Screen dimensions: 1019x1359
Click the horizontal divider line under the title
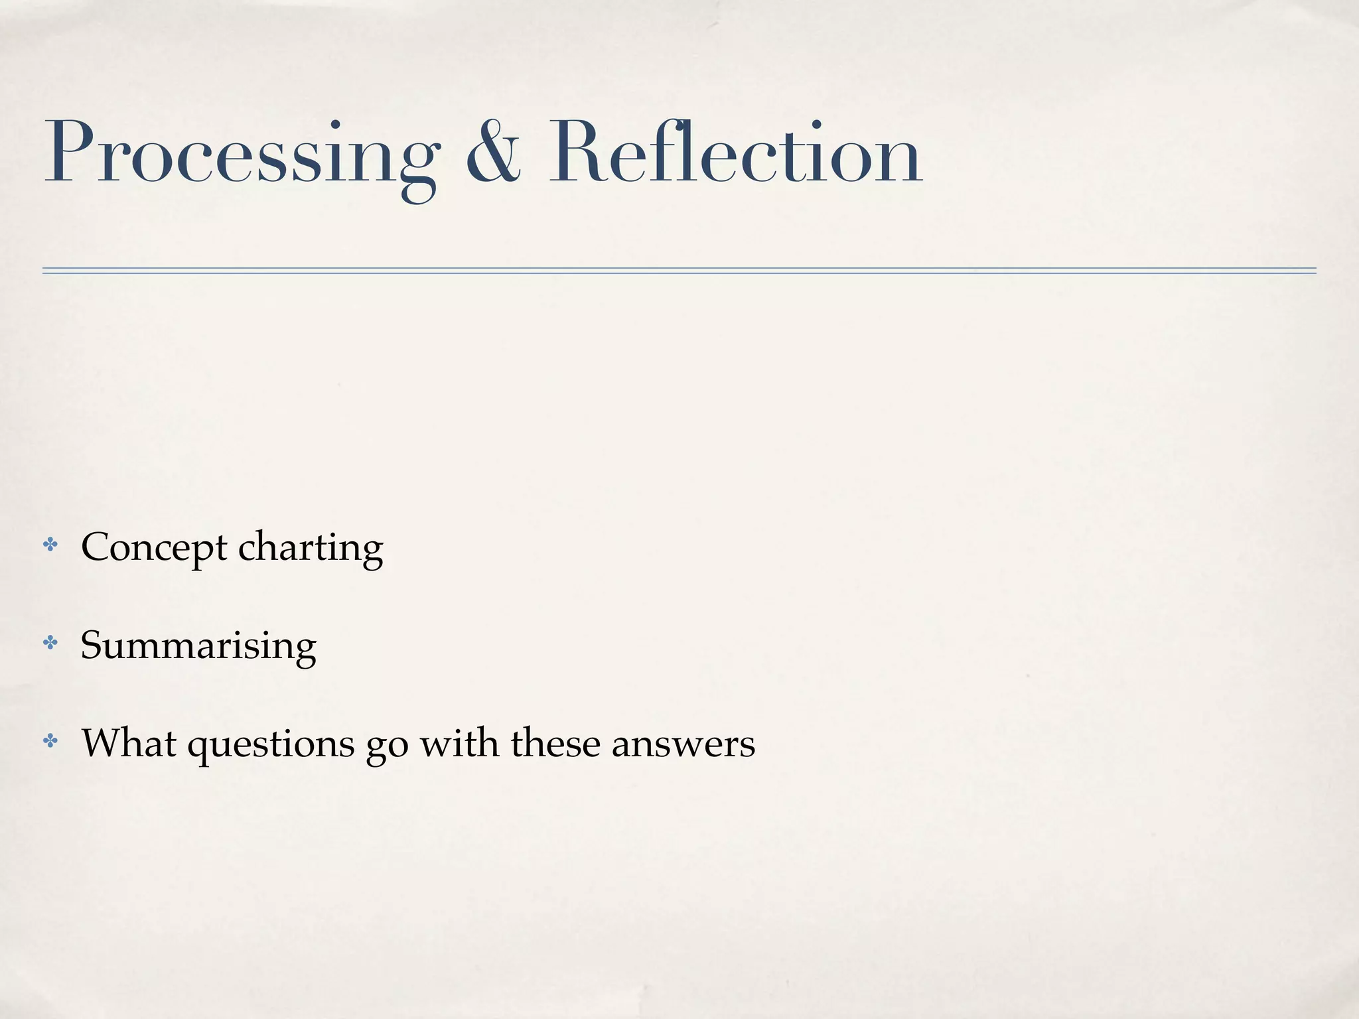pos(679,271)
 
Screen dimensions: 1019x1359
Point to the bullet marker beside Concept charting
pos(50,545)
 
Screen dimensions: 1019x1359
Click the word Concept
pos(154,548)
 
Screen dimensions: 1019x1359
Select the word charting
pos(311,548)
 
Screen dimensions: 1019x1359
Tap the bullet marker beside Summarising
pos(50,642)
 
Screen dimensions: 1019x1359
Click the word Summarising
pos(198,645)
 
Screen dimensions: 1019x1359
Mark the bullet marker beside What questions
pos(50,740)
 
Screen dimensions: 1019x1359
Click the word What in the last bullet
pos(129,742)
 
